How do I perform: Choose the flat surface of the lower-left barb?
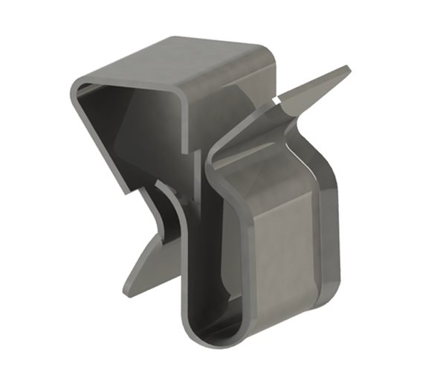149,264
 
